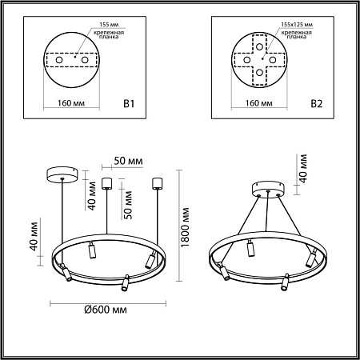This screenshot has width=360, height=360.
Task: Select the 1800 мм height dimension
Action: [x=186, y=226]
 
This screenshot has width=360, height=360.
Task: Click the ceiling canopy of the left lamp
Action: [x=60, y=172]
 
